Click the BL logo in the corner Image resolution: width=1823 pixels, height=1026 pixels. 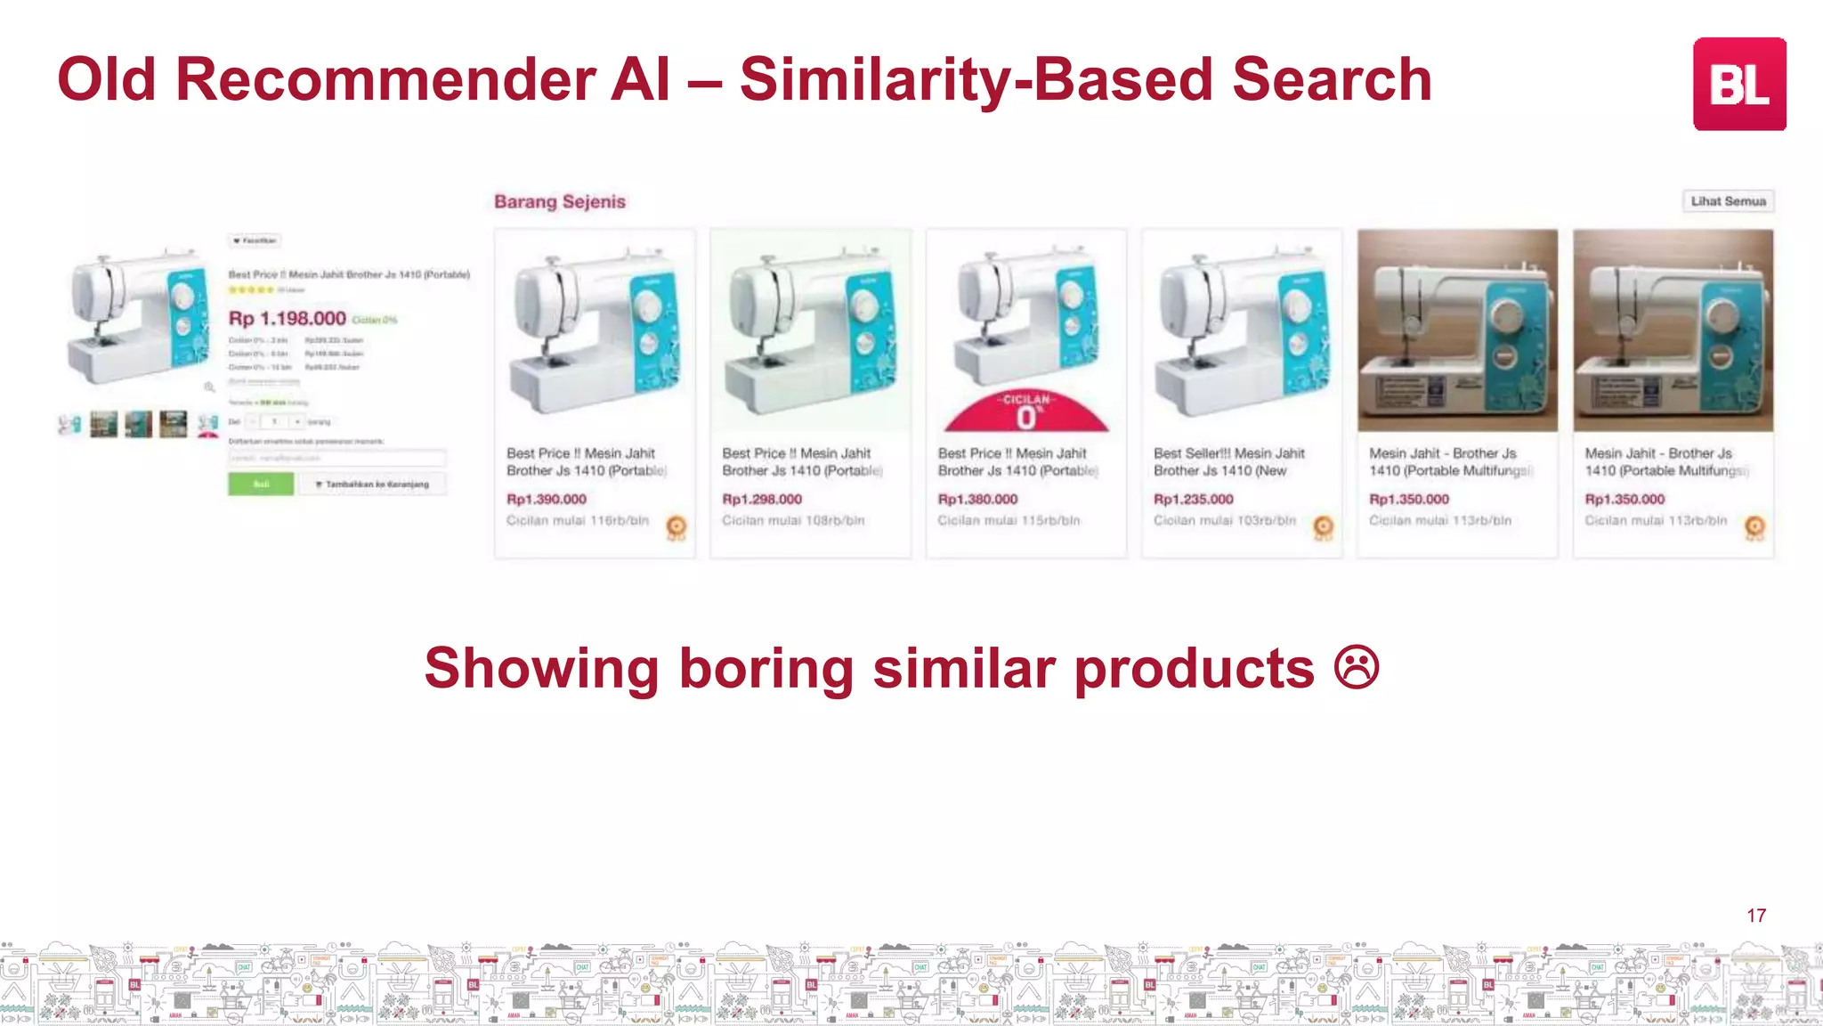point(1738,84)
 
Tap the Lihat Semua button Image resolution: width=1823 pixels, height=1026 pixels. point(1728,201)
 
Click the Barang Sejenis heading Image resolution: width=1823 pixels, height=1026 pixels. point(560,202)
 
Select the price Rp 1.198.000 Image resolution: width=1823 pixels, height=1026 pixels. point(288,319)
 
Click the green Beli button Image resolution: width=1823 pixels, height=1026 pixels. point(261,484)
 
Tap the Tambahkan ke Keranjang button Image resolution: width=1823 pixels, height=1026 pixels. point(371,484)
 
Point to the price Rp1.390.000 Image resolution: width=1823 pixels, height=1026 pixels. point(547,500)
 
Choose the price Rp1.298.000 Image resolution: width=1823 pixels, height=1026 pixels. point(762,500)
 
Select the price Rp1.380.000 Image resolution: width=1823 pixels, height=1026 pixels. point(977,500)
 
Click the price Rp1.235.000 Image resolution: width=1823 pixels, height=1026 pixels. point(1194,500)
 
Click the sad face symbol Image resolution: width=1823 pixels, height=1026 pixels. point(1357,668)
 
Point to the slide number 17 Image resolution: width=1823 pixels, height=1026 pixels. point(1756,916)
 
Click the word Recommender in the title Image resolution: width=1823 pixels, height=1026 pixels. point(385,80)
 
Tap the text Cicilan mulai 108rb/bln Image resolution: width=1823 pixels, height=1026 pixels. point(793,520)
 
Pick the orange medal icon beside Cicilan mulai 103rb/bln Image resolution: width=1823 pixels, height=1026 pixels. point(1324,527)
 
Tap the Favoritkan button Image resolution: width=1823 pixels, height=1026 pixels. point(255,240)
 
